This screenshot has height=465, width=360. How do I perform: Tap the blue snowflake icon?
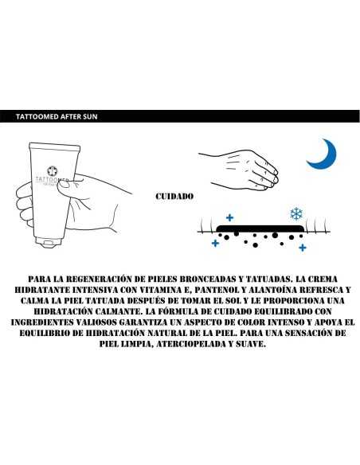point(296,213)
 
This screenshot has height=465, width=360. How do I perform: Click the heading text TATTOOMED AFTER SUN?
point(57,116)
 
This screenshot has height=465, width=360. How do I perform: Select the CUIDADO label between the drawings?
point(174,197)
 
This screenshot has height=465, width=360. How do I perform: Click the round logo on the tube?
point(53,171)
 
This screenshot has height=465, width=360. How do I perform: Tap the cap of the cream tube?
point(48,242)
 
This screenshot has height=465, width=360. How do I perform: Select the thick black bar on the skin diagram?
point(260,229)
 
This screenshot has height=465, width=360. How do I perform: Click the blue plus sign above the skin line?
point(229,218)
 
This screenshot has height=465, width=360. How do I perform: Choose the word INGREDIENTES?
point(41,322)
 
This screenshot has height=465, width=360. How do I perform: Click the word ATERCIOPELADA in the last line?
point(190,344)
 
